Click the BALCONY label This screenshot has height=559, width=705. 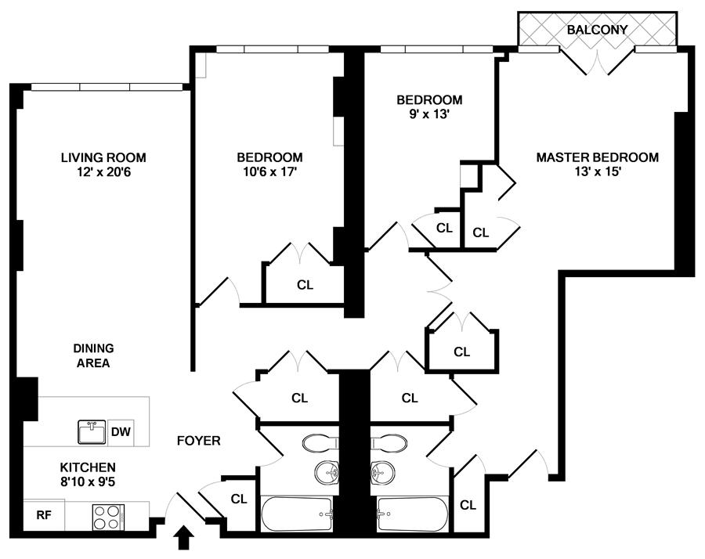[x=597, y=30]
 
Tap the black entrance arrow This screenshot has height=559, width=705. [x=183, y=538]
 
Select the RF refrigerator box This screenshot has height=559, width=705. [x=44, y=515]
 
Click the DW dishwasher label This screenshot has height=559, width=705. [x=121, y=432]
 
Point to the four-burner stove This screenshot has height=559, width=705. [x=108, y=517]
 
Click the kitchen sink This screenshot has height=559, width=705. [x=92, y=432]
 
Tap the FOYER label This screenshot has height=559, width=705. [x=199, y=441]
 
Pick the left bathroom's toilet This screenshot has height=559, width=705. [x=320, y=443]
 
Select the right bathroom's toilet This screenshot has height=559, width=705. [x=389, y=443]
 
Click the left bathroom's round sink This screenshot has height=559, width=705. [x=327, y=473]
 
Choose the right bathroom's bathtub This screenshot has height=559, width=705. [x=412, y=514]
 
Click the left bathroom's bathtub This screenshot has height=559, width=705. [x=297, y=514]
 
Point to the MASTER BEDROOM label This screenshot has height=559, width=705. [x=597, y=157]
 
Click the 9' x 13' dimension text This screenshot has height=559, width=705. [x=429, y=114]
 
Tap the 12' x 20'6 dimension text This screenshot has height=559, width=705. [x=103, y=171]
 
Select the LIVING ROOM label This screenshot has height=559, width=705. [x=103, y=157]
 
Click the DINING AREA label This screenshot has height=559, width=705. [x=93, y=355]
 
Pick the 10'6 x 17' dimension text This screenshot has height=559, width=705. [x=269, y=171]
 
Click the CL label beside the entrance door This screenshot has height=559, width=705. [x=239, y=499]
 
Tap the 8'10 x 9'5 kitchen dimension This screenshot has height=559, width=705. [x=88, y=481]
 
